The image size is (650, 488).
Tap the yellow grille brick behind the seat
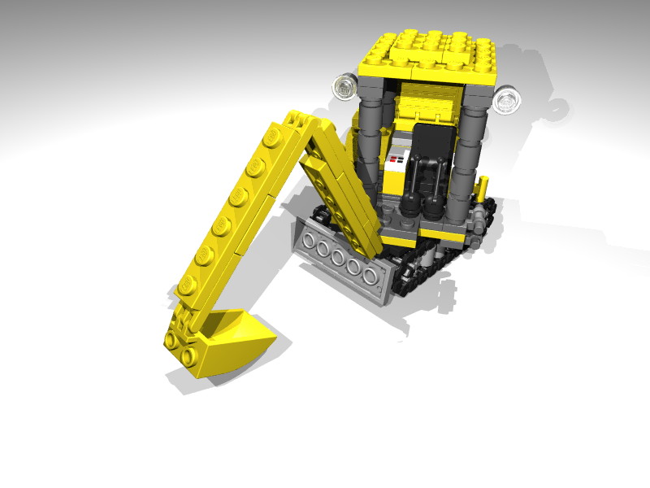[431, 102]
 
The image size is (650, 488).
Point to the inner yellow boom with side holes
[341, 195]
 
